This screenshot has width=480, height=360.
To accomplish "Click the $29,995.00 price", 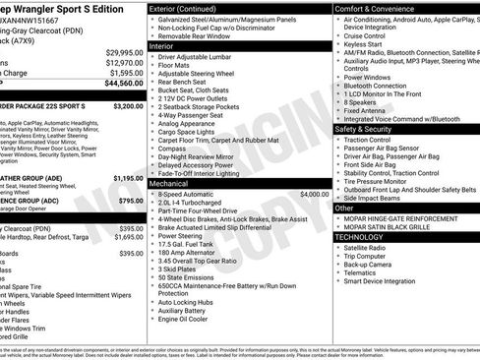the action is [125, 52].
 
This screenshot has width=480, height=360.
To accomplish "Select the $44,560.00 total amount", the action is [124, 84].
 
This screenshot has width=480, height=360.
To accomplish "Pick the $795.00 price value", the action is [130, 201].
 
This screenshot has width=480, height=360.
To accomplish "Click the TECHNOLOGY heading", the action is [360, 237].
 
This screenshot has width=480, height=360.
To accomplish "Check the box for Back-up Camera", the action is [340, 265].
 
